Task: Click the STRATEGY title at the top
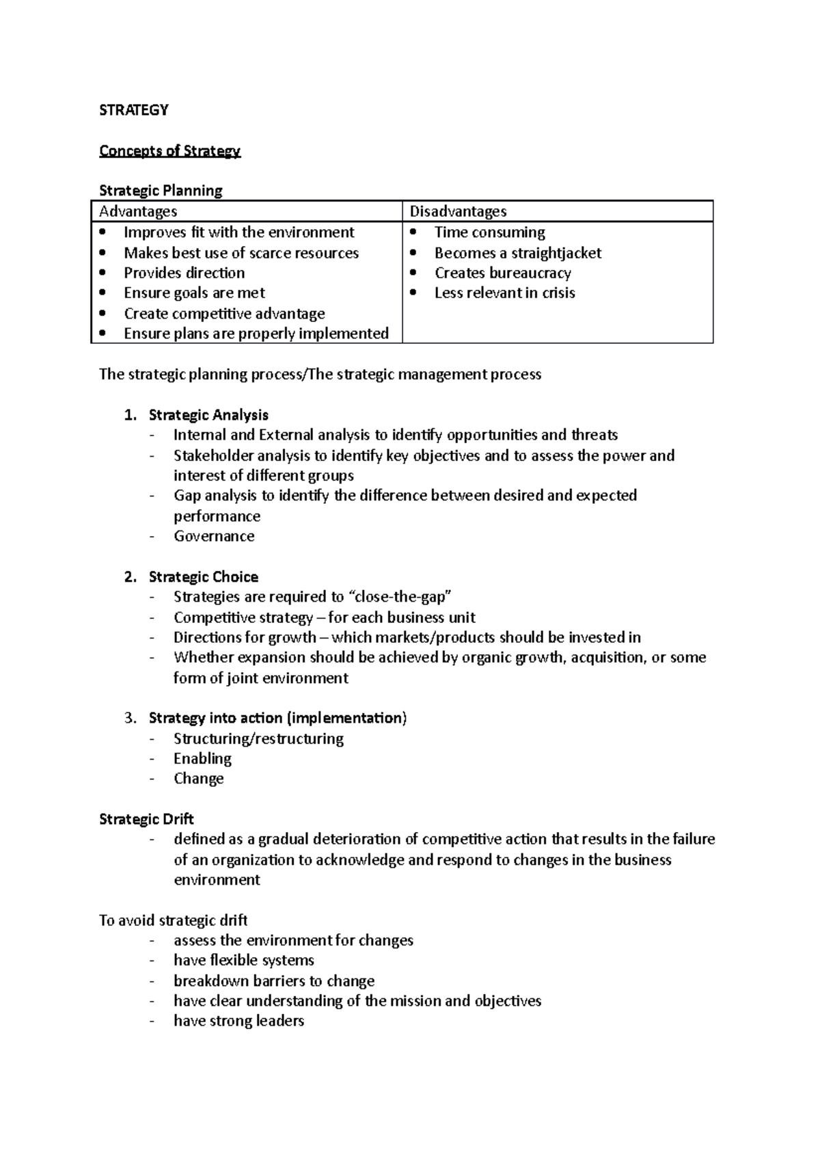133,110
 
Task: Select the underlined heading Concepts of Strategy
169,151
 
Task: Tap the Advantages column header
138,211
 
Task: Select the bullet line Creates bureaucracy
502,273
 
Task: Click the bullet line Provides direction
184,273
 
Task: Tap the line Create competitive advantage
224,314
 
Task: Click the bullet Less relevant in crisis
504,293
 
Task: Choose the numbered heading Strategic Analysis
208,415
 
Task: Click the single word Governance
214,536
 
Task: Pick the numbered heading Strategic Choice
203,577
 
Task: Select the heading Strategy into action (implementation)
277,718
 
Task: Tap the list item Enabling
202,758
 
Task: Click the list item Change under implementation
198,779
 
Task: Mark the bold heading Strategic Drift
146,819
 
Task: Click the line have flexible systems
243,960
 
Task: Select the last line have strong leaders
238,1021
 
